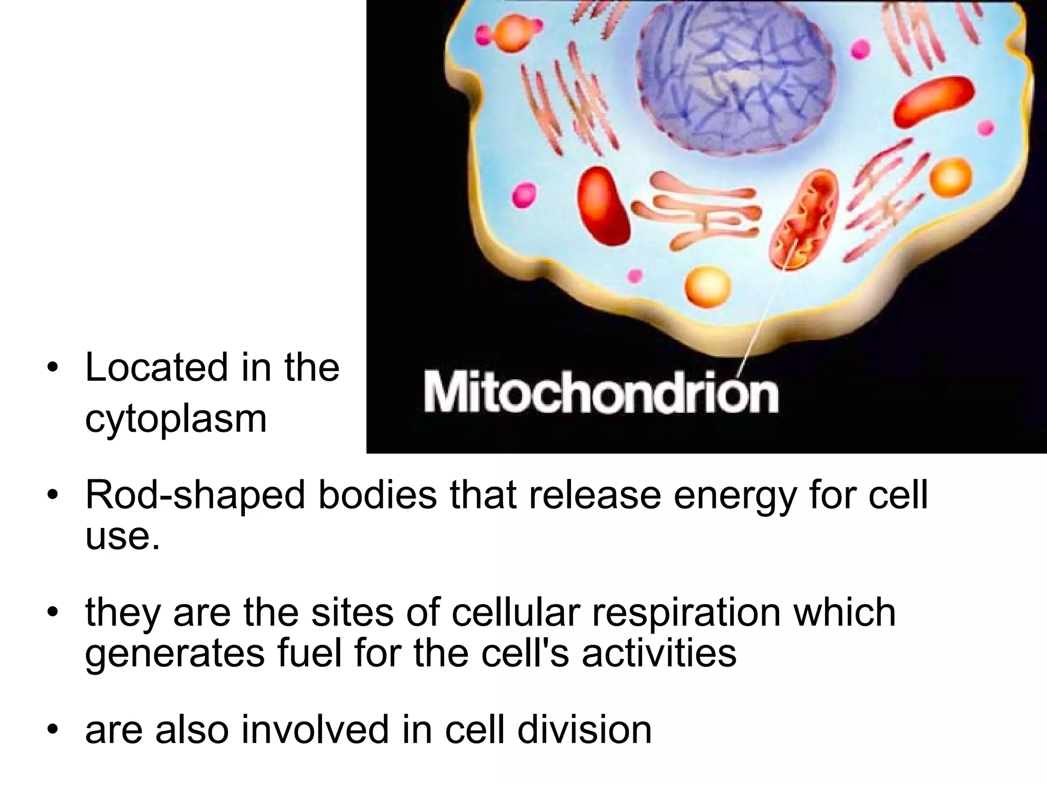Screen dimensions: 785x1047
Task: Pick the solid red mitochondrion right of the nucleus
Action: [934, 103]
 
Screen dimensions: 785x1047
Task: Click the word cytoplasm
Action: [176, 419]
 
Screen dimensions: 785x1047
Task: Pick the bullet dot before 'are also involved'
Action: [52, 731]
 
